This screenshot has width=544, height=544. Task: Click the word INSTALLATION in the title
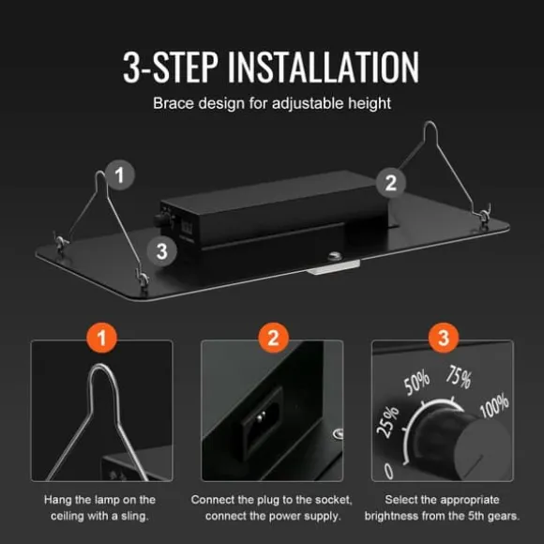[324, 67]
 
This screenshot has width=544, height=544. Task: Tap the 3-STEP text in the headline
[171, 67]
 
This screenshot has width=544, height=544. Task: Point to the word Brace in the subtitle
[174, 103]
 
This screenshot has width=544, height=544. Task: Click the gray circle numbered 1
[120, 174]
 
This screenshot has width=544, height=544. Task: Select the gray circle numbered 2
[391, 183]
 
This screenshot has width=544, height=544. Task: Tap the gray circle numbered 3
[161, 251]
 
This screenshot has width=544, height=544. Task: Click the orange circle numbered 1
[101, 338]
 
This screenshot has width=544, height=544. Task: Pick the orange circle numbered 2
[273, 338]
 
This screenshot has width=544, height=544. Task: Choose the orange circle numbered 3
[444, 338]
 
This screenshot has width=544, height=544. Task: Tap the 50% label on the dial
[416, 383]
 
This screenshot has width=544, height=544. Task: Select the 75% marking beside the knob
[459, 377]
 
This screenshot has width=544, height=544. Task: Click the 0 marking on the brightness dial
[389, 471]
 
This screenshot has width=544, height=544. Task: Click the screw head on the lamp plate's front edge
[335, 257]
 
